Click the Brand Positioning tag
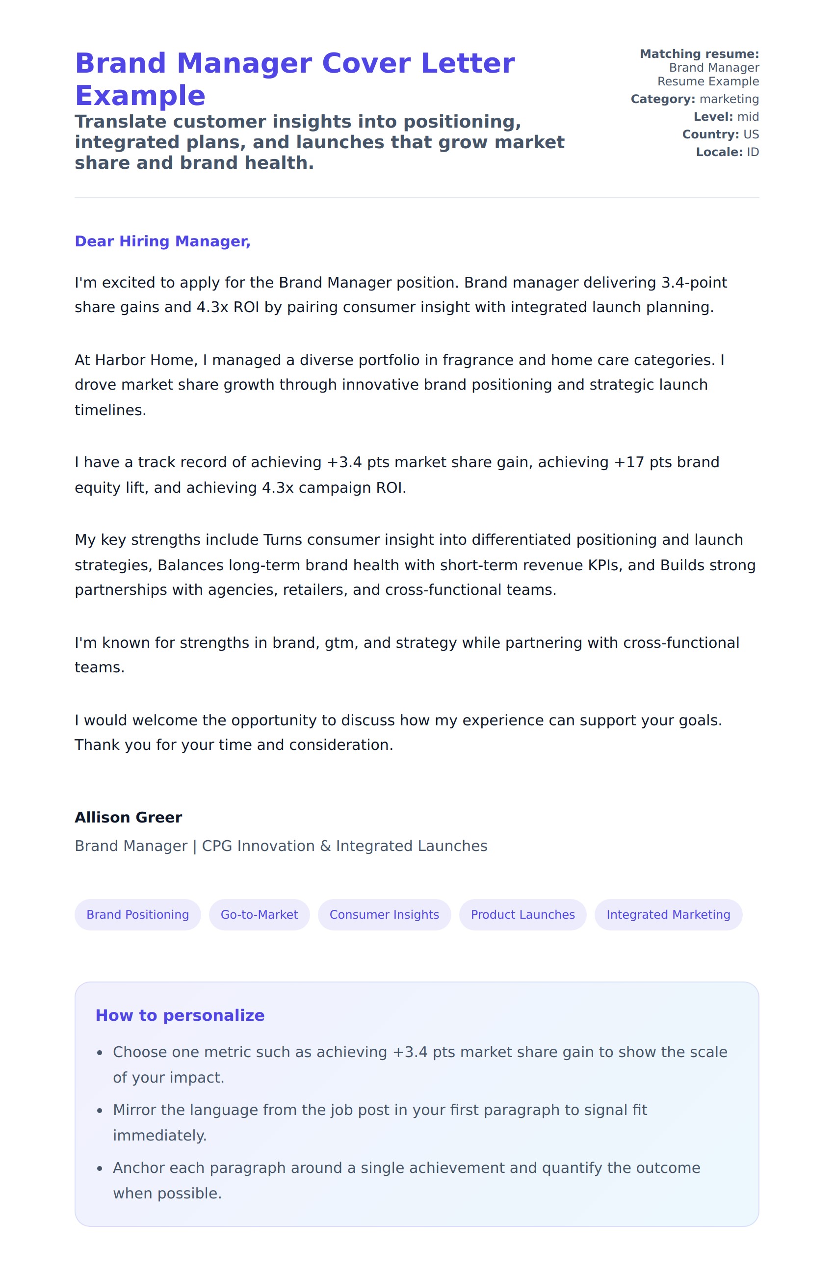(x=137, y=914)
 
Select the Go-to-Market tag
(x=259, y=914)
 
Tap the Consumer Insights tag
(x=384, y=914)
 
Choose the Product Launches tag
(x=522, y=914)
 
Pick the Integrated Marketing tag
(x=668, y=914)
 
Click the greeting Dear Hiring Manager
(x=162, y=241)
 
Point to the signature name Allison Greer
(x=129, y=818)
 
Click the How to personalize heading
(x=180, y=1015)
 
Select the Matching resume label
(x=699, y=54)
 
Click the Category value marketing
(x=729, y=99)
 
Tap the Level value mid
(x=748, y=117)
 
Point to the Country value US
(x=751, y=134)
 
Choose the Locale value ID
(x=753, y=152)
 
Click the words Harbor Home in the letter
(x=146, y=360)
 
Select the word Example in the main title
(x=140, y=96)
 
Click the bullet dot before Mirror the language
(x=100, y=1111)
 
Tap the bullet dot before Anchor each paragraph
(x=100, y=1168)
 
